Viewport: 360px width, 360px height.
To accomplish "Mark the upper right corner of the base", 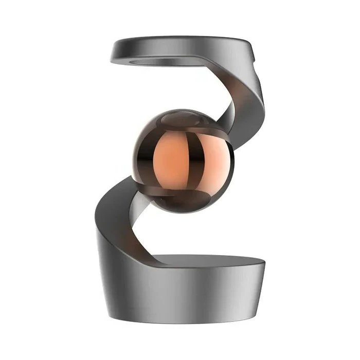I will point(264,262).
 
